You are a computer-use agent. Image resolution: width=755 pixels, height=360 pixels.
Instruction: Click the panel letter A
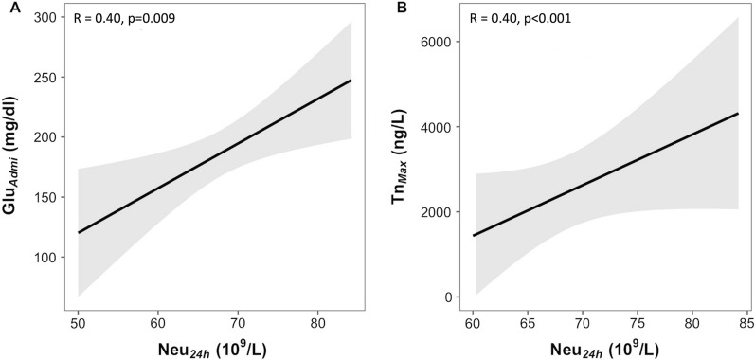click(x=8, y=8)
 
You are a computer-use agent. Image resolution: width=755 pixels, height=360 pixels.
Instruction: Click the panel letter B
click(x=388, y=8)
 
